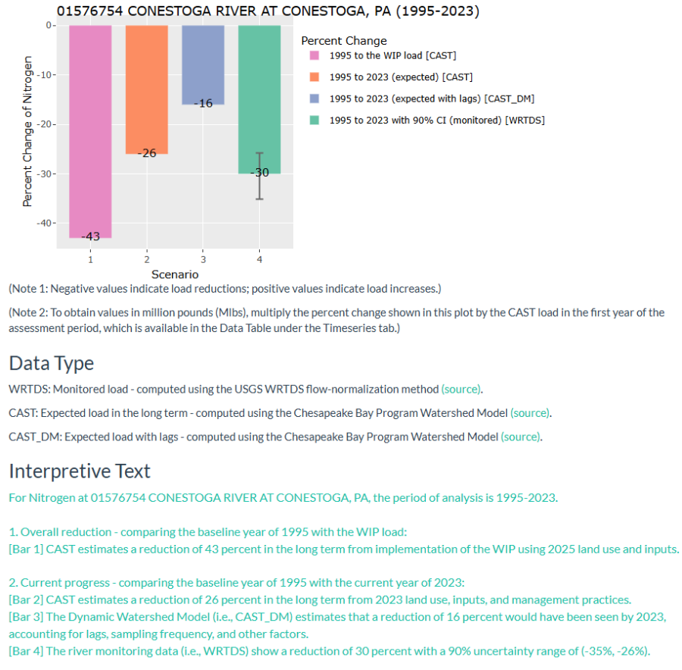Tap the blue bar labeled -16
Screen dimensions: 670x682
click(203, 64)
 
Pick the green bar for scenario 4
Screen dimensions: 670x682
click(259, 99)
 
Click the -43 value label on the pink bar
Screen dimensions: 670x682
click(90, 236)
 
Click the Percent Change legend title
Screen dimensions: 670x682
click(343, 41)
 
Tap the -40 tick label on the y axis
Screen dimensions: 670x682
click(45, 223)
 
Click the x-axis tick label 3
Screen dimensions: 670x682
click(203, 259)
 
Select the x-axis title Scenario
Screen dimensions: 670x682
click(175, 274)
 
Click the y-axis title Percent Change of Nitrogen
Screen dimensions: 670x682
click(28, 130)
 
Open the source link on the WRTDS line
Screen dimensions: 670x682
click(461, 390)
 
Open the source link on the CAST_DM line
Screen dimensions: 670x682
click(521, 437)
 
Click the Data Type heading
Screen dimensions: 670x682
click(52, 363)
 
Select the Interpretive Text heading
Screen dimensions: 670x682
click(80, 471)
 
